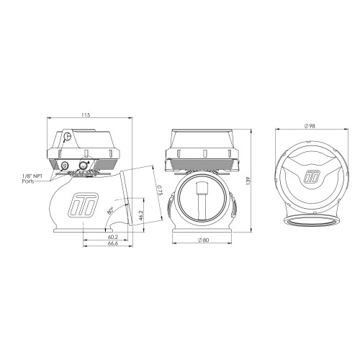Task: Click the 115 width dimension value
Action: (x=86, y=115)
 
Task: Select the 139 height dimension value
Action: (x=248, y=181)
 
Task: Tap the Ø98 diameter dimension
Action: (x=310, y=126)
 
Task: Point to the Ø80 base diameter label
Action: (x=204, y=240)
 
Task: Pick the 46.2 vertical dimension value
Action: (x=141, y=215)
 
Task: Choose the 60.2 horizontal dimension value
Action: (x=113, y=237)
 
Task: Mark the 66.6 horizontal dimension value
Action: (x=113, y=243)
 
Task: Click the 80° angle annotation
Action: (x=110, y=211)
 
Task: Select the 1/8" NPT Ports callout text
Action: (x=32, y=179)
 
